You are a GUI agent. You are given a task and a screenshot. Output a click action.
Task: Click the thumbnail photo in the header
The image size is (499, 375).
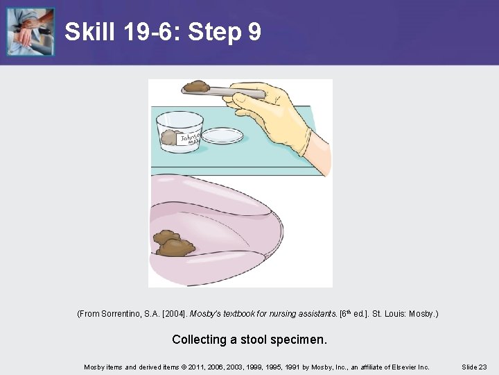tap(30, 32)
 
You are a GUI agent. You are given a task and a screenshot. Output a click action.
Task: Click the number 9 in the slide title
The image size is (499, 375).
tap(254, 31)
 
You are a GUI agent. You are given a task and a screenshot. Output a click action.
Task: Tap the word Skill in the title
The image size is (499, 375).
tap(89, 31)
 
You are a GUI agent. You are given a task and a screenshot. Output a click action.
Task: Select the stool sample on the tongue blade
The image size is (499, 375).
tap(196, 86)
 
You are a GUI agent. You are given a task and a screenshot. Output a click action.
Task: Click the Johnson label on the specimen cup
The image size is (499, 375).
tap(189, 139)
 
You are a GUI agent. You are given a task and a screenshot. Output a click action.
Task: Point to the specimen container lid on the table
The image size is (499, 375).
tap(222, 135)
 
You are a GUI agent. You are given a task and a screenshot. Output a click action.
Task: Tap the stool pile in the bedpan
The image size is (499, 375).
tap(174, 243)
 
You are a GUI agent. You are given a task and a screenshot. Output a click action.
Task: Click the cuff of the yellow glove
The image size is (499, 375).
tap(304, 141)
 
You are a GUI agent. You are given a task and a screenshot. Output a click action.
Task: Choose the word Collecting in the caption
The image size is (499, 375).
tap(199, 340)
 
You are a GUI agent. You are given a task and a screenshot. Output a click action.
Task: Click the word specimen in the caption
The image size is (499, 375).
tap(299, 340)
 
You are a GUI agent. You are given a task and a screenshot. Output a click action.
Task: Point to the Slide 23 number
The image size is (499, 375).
tap(474, 367)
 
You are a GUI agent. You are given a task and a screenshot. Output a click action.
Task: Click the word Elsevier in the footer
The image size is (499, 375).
tap(404, 367)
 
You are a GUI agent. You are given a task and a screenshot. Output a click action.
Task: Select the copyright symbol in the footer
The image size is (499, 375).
tap(184, 367)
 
